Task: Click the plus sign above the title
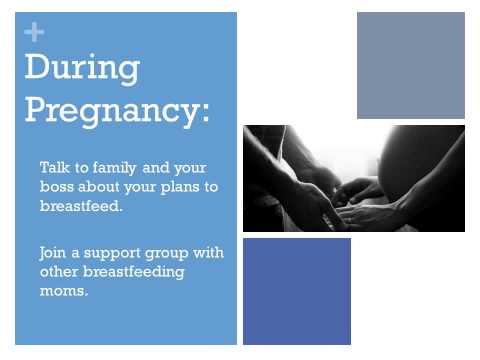pyautogui.click(x=34, y=32)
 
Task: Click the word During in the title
pyautogui.click(x=82, y=68)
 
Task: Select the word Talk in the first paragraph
pyautogui.click(x=55, y=167)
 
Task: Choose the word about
pyautogui.click(x=104, y=186)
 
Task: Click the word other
pyautogui.click(x=60, y=271)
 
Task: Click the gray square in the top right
pyautogui.click(x=411, y=65)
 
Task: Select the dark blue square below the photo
pyautogui.click(x=297, y=291)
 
